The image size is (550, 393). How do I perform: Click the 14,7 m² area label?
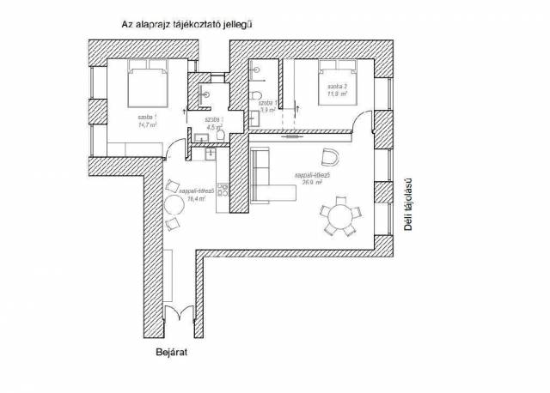coord(136,122)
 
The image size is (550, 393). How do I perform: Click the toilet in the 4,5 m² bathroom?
coord(221,136)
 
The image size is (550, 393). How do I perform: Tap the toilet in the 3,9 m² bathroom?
coord(256,94)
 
